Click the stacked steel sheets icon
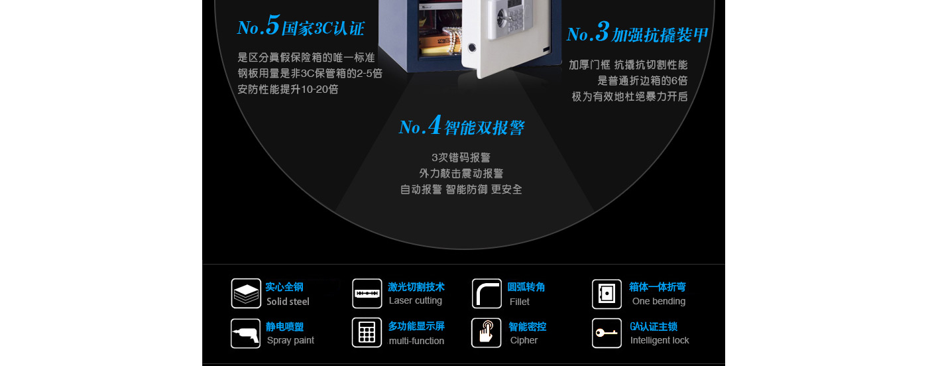coord(246,294)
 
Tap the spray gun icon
coord(245,334)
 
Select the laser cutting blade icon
coord(367,294)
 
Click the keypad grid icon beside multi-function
coord(367,332)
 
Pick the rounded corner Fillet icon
coord(487,294)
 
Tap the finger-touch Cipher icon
coord(486,332)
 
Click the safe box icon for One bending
coord(607,294)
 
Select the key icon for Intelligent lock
coord(607,333)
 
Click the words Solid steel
coord(288,301)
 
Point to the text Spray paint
coord(290,340)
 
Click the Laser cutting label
coord(416,300)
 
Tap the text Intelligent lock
coord(660,340)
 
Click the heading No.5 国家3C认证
coord(301,26)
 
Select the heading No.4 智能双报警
coord(461,125)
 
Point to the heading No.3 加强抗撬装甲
coord(637,32)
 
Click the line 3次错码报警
coord(461,158)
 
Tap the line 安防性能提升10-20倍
coord(288,89)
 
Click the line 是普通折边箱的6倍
coord(642,80)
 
